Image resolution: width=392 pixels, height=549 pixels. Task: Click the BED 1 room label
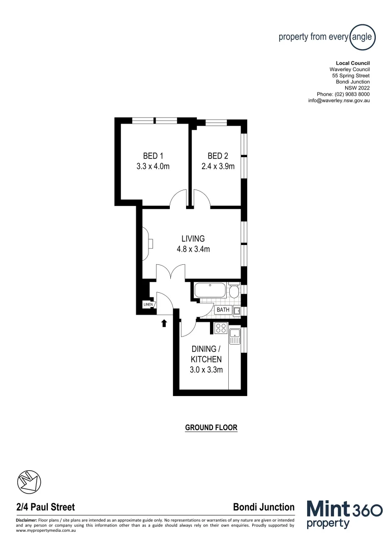pos(153,156)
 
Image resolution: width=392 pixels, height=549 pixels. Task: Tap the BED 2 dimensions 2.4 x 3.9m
pos(218,166)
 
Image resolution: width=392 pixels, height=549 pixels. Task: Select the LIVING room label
pos(193,238)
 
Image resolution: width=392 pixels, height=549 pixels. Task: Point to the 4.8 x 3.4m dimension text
pos(193,249)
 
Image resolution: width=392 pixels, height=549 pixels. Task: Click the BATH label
pos(223,310)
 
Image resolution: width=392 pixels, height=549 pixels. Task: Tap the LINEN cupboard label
pos(148,305)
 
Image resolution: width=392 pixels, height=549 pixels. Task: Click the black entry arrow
pos(164,323)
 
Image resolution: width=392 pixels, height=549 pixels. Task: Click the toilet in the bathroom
pos(233,291)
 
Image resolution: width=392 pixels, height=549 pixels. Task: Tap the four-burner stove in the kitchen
pos(221,328)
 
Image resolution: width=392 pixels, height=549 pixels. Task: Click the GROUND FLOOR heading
pos(211,428)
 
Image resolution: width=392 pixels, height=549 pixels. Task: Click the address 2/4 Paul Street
pos(46,507)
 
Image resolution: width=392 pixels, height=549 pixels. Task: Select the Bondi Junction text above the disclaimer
pos(263,507)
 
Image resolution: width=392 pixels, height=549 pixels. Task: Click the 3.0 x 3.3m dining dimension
pos(206,370)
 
